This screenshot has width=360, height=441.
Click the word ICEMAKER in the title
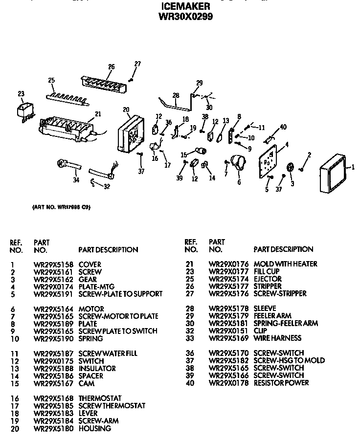(186, 6)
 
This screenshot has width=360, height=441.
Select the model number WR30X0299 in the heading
(186, 16)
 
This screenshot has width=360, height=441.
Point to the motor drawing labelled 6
(238, 163)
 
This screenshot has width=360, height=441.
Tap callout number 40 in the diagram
(283, 128)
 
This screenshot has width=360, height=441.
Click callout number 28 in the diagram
(176, 95)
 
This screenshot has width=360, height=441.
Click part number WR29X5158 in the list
(53, 264)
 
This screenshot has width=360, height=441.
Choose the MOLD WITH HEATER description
(285, 264)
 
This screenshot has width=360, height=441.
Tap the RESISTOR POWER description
(281, 383)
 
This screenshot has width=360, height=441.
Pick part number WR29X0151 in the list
(228, 331)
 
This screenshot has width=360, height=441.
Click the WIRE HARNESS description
(277, 338)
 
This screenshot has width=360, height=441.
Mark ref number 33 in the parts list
(190, 338)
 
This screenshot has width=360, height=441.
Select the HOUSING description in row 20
(94, 428)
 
